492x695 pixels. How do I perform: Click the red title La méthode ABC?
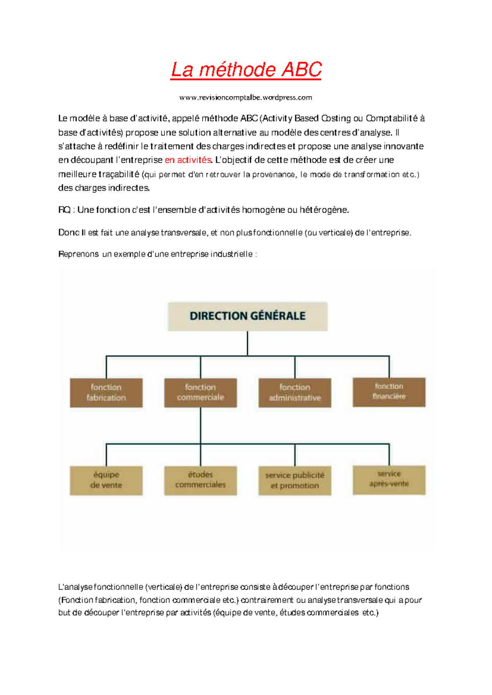(246, 70)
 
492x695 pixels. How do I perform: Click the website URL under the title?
(246, 98)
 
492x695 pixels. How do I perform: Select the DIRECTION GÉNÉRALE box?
(248, 316)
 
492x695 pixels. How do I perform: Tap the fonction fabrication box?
(106, 393)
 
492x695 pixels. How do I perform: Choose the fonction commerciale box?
(200, 393)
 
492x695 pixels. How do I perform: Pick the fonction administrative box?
(295, 393)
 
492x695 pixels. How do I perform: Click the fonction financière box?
(389, 392)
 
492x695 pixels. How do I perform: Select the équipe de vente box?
(106, 480)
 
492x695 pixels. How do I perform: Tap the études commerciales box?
(200, 480)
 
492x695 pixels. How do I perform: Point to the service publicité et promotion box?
(295, 481)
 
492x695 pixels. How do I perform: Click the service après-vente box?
(389, 479)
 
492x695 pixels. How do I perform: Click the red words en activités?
(188, 160)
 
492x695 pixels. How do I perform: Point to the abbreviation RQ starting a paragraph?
(64, 210)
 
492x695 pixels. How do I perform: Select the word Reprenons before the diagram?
(78, 254)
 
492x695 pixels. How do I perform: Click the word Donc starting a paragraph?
(68, 233)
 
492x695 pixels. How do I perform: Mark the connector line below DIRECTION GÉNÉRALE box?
(247, 343)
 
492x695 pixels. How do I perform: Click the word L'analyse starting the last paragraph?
(75, 587)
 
